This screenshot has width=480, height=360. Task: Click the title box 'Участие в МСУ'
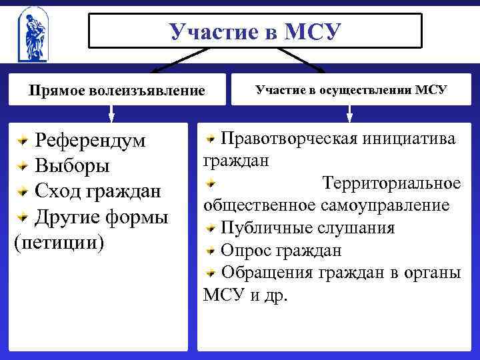255,31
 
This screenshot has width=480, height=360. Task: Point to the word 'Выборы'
72,166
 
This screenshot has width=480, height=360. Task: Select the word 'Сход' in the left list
58,191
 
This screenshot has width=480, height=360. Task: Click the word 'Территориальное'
391,183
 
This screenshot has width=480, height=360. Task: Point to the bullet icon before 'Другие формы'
23,217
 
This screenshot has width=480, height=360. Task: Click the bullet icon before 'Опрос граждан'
211,251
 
